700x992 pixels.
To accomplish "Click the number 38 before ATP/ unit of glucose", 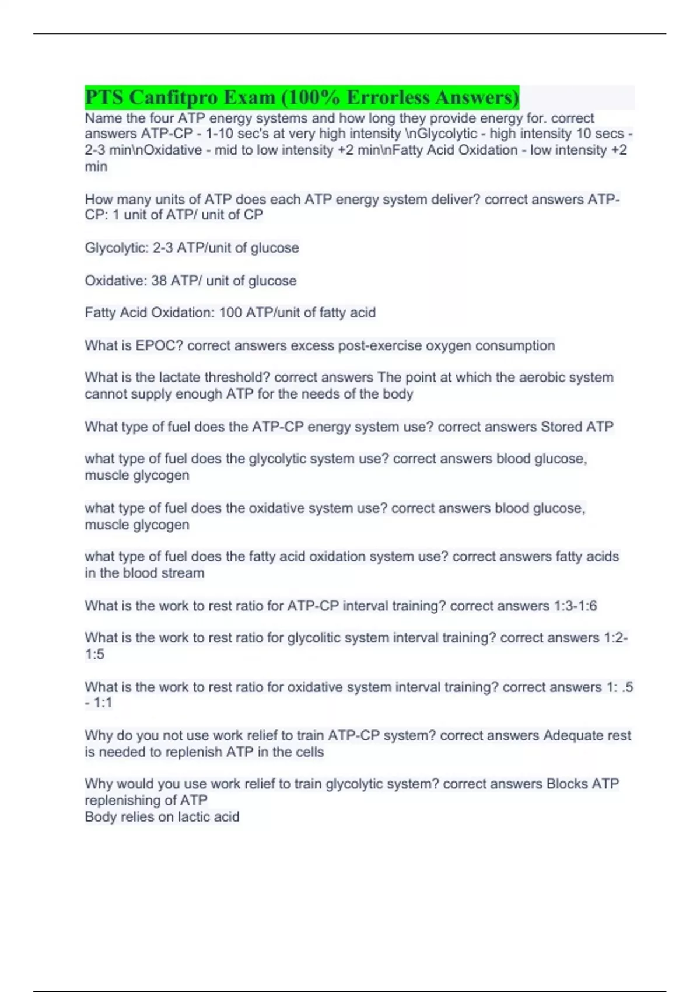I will (x=159, y=281).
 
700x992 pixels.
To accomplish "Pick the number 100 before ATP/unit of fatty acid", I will (x=230, y=313).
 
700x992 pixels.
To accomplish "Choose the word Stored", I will (x=562, y=427).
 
